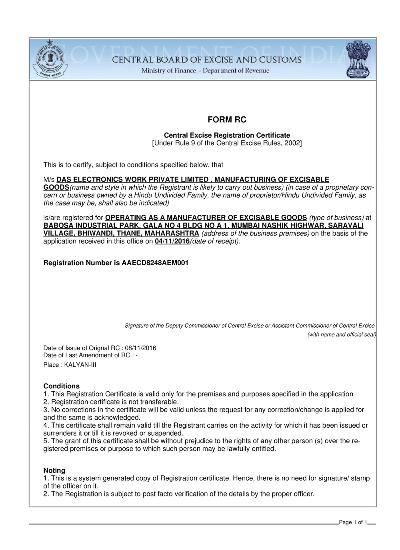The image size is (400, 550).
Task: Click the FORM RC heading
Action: pyautogui.click(x=227, y=120)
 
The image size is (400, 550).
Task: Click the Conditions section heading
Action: pyautogui.click(x=61, y=386)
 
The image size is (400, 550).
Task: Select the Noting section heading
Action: pyautogui.click(x=54, y=471)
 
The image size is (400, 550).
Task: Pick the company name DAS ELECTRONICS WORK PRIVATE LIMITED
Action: pyautogui.click(x=132, y=180)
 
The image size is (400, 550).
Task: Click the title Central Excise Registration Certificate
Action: pyautogui.click(x=227, y=136)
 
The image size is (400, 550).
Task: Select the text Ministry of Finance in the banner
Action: pyautogui.click(x=168, y=71)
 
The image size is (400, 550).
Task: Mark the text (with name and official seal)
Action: pyautogui.click(x=341, y=335)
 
